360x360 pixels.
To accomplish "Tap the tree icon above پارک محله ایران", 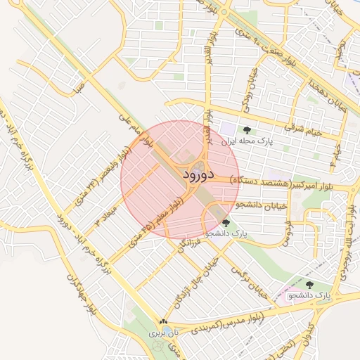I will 246,130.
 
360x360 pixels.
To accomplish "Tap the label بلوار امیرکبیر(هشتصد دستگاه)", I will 288,186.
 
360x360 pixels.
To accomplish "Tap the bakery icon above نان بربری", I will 164,321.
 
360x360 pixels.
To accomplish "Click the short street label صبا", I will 79,89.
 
